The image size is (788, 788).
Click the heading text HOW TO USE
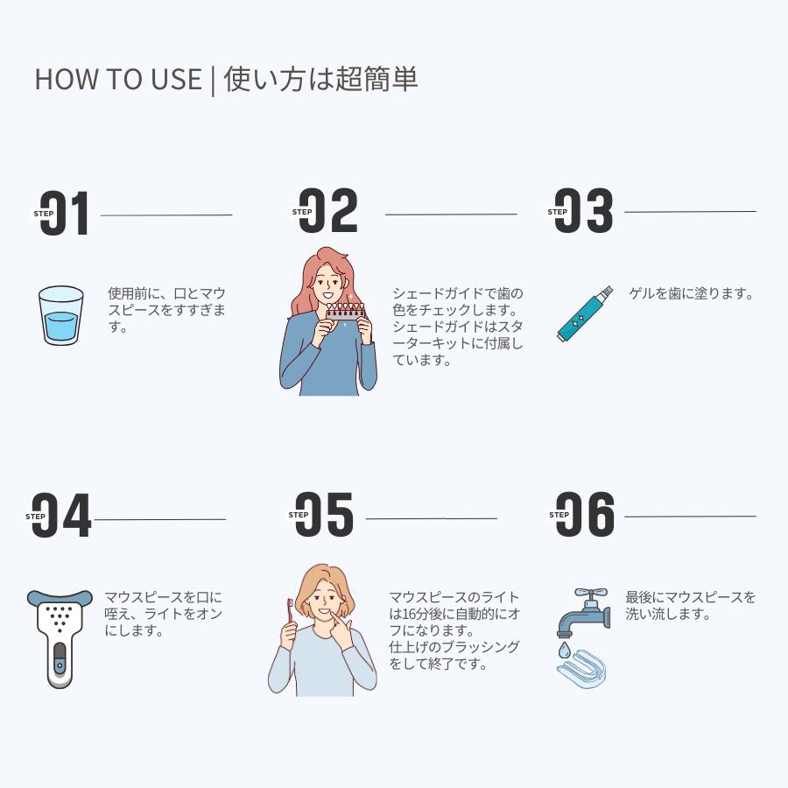[117, 79]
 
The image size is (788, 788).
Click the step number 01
[67, 213]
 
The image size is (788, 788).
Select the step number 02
[329, 212]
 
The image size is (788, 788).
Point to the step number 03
[585, 212]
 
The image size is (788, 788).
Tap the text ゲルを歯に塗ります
[691, 294]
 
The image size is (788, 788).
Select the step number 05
[325, 515]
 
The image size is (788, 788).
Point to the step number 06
[586, 515]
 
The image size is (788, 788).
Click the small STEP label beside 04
[36, 517]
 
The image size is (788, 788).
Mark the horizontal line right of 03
[690, 212]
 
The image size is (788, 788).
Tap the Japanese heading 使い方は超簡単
[320, 79]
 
